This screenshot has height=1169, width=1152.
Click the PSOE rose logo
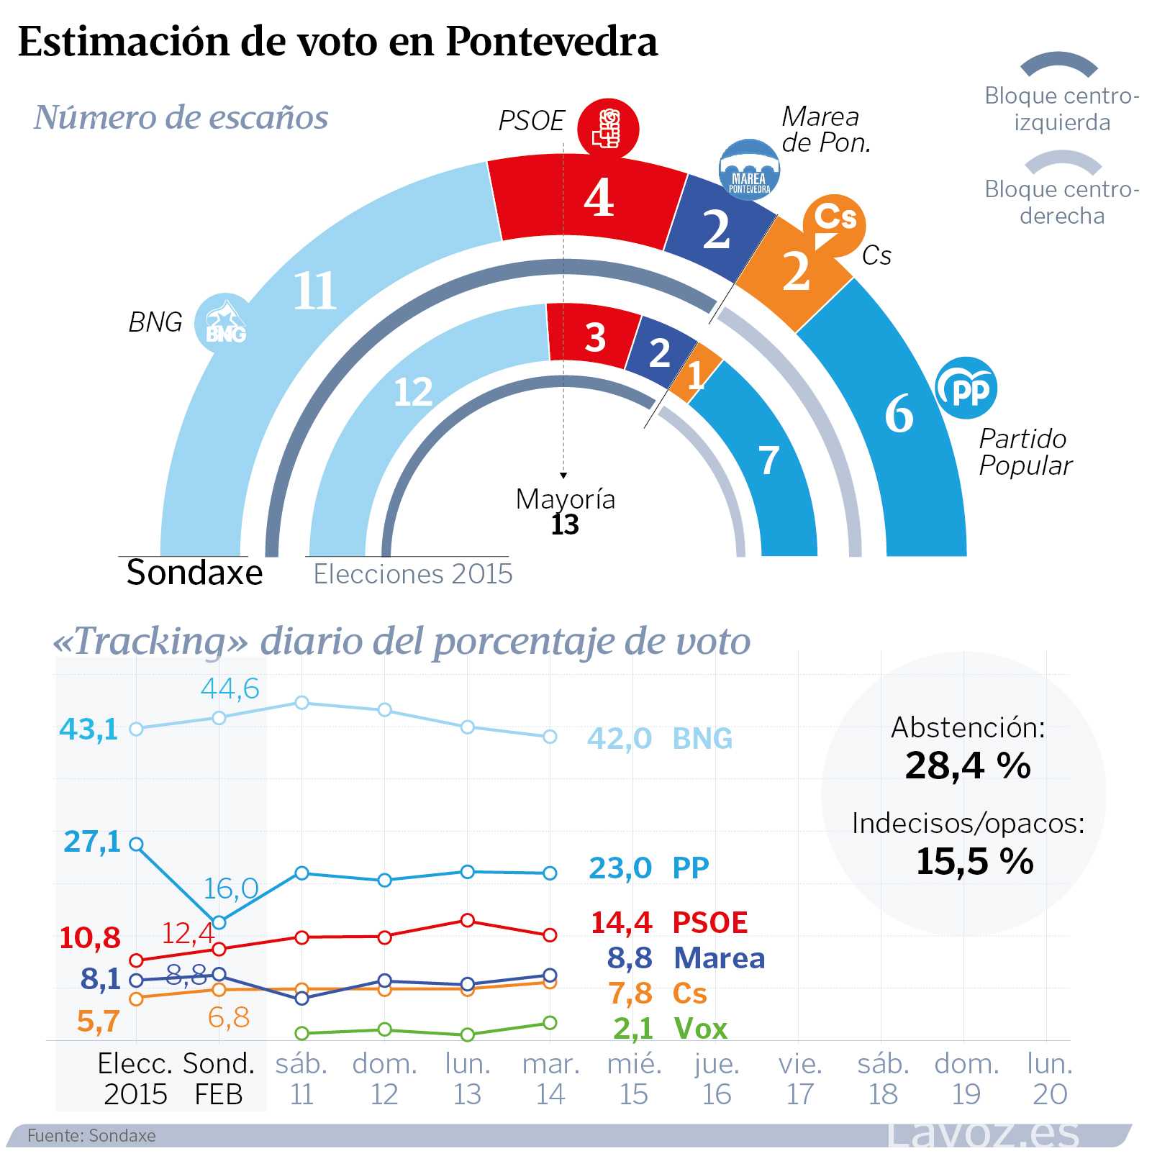click(608, 129)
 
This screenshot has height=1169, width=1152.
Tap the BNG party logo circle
click(224, 323)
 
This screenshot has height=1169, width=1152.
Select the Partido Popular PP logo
click(966, 388)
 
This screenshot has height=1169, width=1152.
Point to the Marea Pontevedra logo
click(749, 170)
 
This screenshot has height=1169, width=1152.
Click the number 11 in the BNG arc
click(314, 291)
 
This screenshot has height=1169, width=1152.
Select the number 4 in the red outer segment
click(599, 198)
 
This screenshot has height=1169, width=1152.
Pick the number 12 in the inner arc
click(413, 393)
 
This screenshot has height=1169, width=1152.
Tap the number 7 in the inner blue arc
click(769, 460)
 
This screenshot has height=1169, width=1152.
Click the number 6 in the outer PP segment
click(899, 414)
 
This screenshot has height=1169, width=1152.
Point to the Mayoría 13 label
click(566, 511)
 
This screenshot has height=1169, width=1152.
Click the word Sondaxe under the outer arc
click(194, 573)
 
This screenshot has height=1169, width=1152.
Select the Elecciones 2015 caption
click(413, 574)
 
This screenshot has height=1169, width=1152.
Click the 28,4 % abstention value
click(968, 765)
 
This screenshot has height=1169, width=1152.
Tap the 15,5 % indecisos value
click(974, 861)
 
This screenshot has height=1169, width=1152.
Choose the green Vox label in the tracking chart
click(700, 1029)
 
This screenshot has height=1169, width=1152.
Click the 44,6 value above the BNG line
click(230, 688)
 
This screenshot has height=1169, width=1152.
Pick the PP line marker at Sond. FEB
click(219, 922)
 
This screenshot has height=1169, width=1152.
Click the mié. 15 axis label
click(634, 1078)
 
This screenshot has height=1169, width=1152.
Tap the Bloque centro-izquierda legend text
click(1062, 109)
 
